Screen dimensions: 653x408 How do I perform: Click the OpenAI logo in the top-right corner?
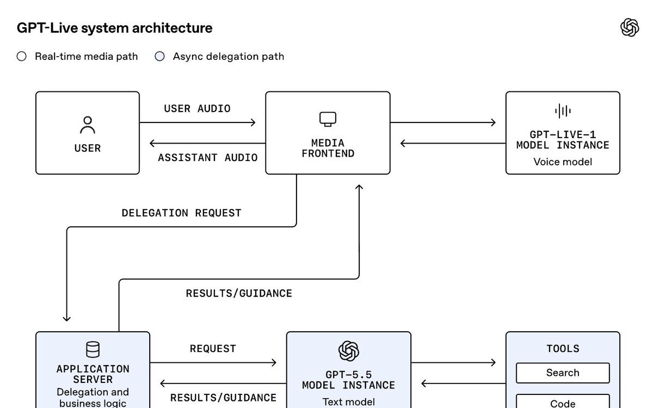tap(630, 27)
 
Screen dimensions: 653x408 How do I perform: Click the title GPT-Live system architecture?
tap(115, 28)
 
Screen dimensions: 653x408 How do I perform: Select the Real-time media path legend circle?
tap(22, 56)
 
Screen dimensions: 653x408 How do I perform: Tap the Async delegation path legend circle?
tap(159, 56)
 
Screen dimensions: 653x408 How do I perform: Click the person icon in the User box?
tap(88, 125)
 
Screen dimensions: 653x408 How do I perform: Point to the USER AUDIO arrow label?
tap(197, 109)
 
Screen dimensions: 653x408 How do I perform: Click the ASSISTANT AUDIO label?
tap(208, 158)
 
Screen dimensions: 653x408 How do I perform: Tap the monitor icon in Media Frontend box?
tap(328, 119)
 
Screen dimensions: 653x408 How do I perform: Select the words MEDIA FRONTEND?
tap(328, 149)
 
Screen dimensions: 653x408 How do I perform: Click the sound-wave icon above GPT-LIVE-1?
tap(563, 111)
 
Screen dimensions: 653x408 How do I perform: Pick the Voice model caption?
tap(563, 162)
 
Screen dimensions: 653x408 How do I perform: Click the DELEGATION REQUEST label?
tap(181, 213)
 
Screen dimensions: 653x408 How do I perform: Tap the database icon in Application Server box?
tap(93, 349)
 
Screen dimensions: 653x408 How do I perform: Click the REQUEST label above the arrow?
tap(213, 349)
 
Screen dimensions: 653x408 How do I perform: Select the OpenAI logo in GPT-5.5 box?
tap(349, 351)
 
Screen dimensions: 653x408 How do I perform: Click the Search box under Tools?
tap(563, 373)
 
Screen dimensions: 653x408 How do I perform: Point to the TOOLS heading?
tap(563, 349)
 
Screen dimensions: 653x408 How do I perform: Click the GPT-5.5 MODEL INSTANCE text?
tap(349, 380)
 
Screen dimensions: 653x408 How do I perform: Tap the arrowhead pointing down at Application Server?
tap(67, 319)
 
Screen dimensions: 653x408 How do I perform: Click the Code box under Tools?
tap(563, 401)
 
